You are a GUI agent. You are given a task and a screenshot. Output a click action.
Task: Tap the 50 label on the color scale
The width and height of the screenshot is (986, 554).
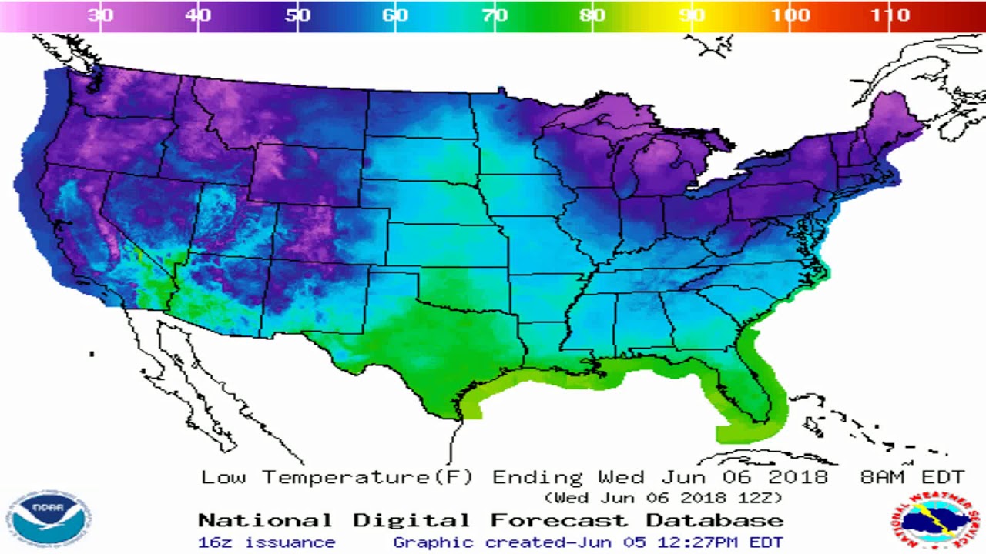point(298,15)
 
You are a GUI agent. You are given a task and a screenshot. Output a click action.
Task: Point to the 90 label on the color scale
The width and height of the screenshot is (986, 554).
point(691,15)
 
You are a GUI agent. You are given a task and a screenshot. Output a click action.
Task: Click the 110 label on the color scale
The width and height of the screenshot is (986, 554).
point(890,15)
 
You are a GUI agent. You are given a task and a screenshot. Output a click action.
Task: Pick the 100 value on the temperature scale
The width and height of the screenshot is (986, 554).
point(790,15)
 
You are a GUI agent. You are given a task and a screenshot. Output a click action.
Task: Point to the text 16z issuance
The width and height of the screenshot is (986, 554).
point(267,542)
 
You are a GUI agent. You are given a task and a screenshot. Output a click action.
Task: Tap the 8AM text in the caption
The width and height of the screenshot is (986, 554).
point(883,477)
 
